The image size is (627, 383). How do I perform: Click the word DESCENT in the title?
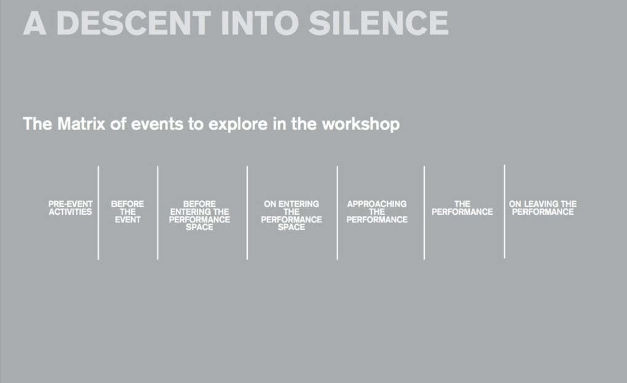tap(133, 23)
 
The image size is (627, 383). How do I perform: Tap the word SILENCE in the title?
tap(379, 23)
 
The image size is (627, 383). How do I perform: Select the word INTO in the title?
tap(260, 23)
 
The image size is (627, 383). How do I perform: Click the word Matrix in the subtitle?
tap(81, 124)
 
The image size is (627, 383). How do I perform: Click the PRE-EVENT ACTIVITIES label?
tap(70, 208)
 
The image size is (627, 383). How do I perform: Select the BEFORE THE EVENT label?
tap(128, 212)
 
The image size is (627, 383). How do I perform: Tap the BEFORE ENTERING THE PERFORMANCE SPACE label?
tap(200, 215)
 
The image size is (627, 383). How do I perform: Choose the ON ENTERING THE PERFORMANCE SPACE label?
tap(291, 215)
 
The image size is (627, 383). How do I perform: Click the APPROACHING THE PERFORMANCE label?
tap(377, 212)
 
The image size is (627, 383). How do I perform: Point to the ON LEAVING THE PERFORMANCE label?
tap(543, 208)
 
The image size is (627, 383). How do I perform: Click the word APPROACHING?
tap(377, 204)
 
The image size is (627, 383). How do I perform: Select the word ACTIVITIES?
tap(70, 212)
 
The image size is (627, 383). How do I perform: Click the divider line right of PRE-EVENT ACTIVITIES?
tap(98, 213)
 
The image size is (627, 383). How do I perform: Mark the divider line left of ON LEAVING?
tap(505, 212)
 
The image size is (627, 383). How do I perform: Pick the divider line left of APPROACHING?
tap(337, 213)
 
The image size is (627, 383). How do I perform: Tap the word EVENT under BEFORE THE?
tap(128, 220)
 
